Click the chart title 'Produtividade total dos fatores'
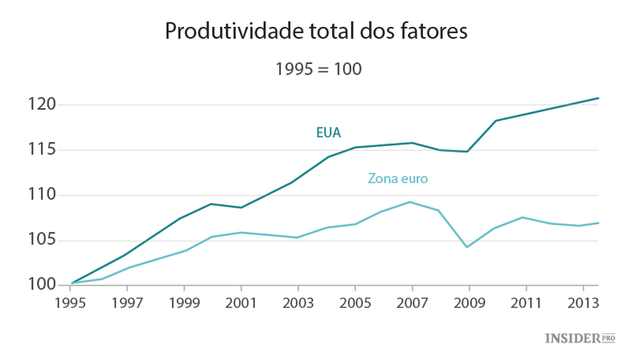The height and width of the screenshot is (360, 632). [x=315, y=32]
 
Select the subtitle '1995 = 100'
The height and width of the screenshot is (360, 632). [x=319, y=69]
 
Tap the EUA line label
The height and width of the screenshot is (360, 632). [x=328, y=132]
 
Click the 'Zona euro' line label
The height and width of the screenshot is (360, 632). [x=398, y=179]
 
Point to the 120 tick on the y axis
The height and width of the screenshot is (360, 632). [x=41, y=105]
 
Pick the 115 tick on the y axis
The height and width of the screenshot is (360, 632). [x=41, y=149]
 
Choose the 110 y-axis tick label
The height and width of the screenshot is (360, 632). [x=41, y=195]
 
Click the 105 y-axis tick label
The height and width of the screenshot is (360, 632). [x=41, y=240]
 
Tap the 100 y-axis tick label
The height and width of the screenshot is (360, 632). [x=41, y=285]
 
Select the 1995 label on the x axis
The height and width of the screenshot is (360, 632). [x=70, y=300]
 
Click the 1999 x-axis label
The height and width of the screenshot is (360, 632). [x=184, y=300]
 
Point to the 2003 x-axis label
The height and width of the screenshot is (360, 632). [x=297, y=300]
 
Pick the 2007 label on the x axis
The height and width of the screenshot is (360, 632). [x=411, y=300]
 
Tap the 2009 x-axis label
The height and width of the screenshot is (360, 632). [x=468, y=300]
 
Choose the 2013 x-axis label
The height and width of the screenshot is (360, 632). [x=581, y=300]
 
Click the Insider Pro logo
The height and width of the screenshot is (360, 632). [x=580, y=338]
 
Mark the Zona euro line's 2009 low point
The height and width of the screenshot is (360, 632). [x=468, y=247]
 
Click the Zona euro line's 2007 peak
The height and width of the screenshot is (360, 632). [x=410, y=201]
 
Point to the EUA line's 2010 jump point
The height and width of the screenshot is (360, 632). [x=495, y=121]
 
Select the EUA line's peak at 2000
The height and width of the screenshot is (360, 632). [x=212, y=203]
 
